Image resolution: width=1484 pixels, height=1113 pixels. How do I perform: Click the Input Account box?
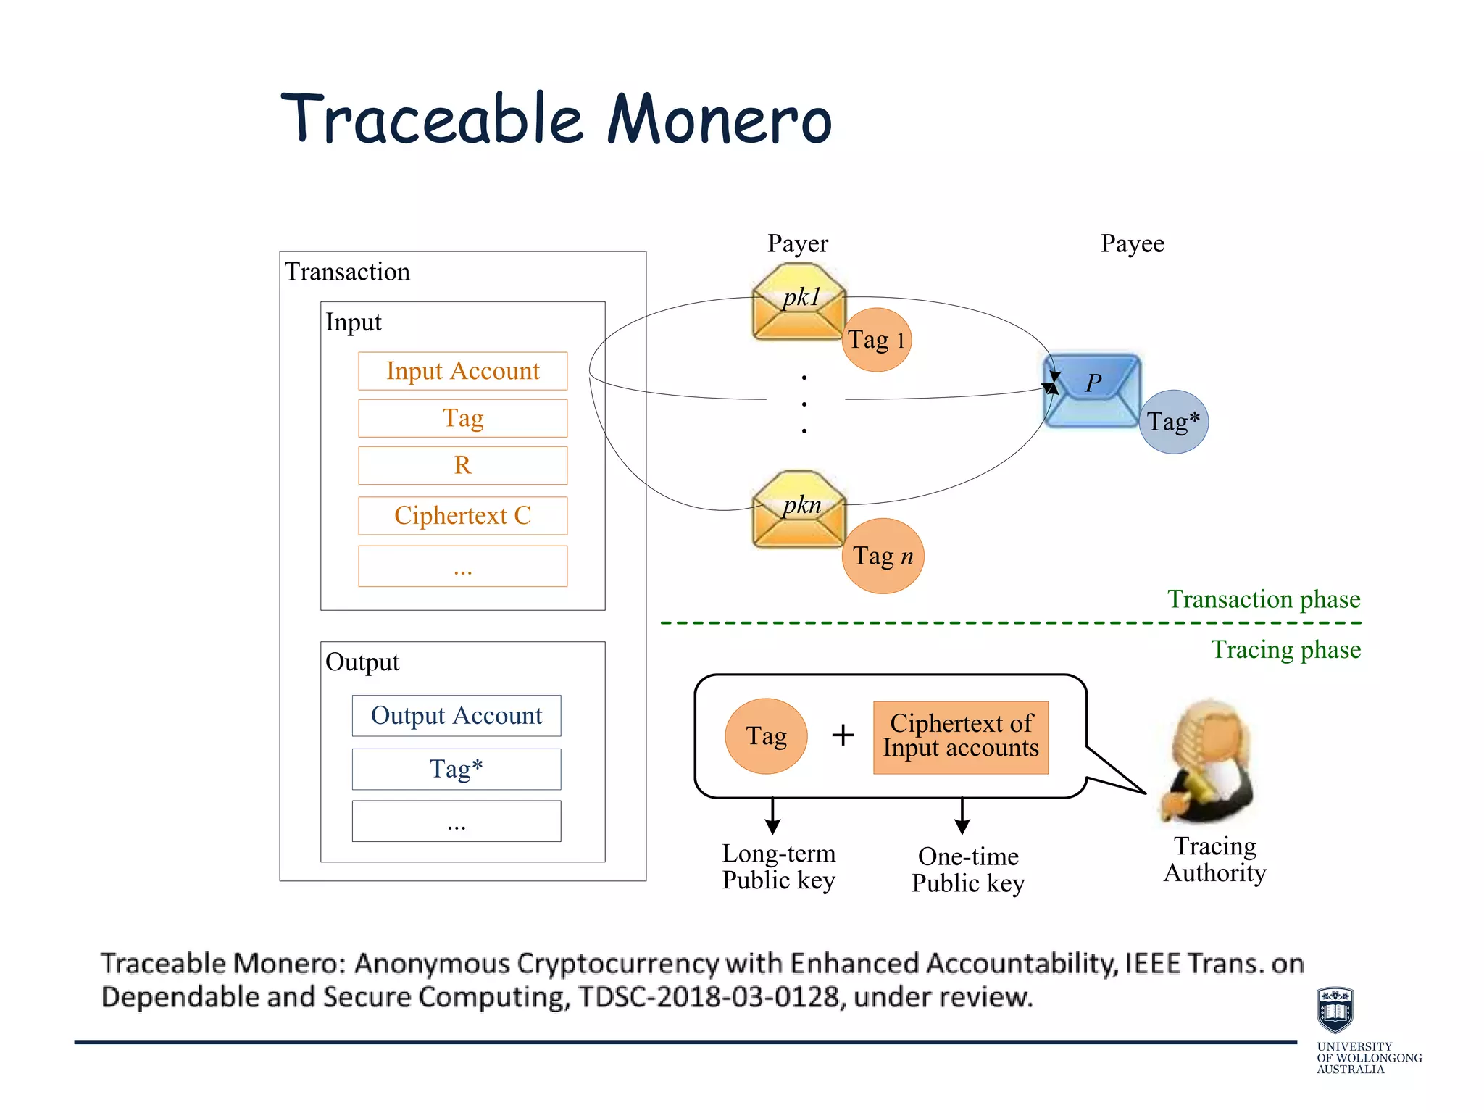(462, 371)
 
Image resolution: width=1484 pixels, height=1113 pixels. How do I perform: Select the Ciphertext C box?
(462, 516)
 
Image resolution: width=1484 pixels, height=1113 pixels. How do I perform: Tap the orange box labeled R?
(462, 465)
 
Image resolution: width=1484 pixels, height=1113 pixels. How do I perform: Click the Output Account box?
(457, 716)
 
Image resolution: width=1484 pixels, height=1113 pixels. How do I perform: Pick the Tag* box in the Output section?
(457, 769)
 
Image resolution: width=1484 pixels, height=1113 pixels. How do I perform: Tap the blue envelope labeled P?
(1093, 391)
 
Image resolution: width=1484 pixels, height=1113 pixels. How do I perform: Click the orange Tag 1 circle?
(877, 340)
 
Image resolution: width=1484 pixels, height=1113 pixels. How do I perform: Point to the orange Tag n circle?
(883, 556)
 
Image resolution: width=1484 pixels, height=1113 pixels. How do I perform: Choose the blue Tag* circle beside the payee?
(1173, 422)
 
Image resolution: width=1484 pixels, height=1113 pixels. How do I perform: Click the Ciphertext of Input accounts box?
(961, 737)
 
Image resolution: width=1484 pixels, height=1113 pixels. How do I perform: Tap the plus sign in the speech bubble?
(843, 735)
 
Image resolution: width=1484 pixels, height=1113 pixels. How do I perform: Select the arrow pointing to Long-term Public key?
(772, 817)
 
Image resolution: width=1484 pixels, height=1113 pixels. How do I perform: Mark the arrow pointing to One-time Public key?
(962, 817)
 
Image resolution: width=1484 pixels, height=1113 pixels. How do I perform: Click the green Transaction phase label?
(1263, 600)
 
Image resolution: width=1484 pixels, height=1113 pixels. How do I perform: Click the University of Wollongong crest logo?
(1335, 1009)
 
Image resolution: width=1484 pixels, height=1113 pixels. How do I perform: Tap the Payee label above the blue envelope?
(1132, 244)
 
